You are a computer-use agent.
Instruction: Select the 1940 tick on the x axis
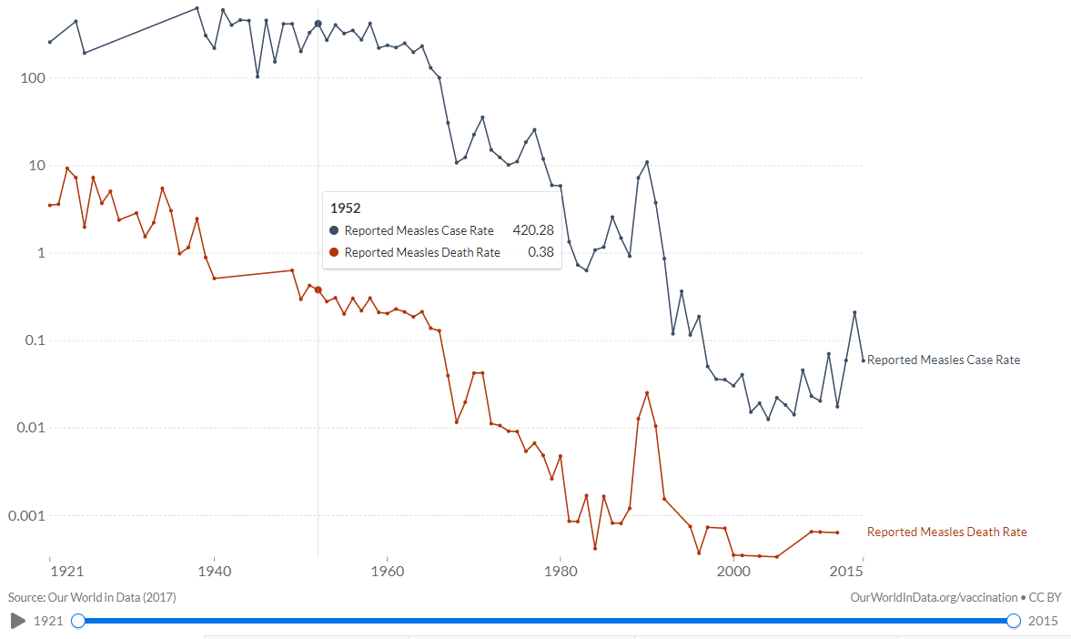[214, 572]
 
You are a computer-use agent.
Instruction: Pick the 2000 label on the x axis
[733, 572]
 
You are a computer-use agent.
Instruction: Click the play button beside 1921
[17, 621]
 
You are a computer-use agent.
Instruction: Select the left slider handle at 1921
[78, 621]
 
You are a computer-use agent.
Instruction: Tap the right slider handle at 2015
[1014, 621]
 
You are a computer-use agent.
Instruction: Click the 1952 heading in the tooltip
[345, 208]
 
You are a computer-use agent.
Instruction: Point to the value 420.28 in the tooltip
[533, 230]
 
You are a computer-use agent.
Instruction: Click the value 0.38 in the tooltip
[541, 252]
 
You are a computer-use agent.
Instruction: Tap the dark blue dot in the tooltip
[335, 230]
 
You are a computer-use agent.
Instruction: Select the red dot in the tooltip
[335, 252]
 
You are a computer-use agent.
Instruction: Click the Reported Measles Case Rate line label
[944, 360]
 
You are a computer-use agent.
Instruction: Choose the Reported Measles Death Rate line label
[946, 532]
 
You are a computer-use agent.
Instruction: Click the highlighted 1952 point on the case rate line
[318, 24]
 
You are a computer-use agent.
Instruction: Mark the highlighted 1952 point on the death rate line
[318, 289]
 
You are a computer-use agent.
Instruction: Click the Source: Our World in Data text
[92, 597]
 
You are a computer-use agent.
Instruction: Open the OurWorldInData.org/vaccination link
[934, 597]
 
